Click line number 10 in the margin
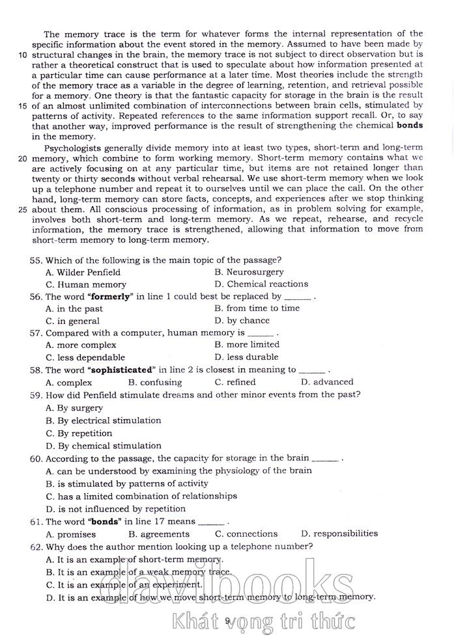pos(22,55)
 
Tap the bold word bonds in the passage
pos(409,125)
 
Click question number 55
pos(36,260)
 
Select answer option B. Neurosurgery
pos(249,272)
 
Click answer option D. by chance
pos(242,321)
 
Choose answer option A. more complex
pos(81,345)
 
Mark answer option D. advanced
pos(327,382)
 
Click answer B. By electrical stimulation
pos(104,420)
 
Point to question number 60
pos(36,458)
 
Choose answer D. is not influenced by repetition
pos(116,509)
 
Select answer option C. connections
pos(246,534)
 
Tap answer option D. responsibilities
pos(339,534)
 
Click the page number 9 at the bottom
pos(227,621)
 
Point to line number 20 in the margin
pos(22,158)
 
